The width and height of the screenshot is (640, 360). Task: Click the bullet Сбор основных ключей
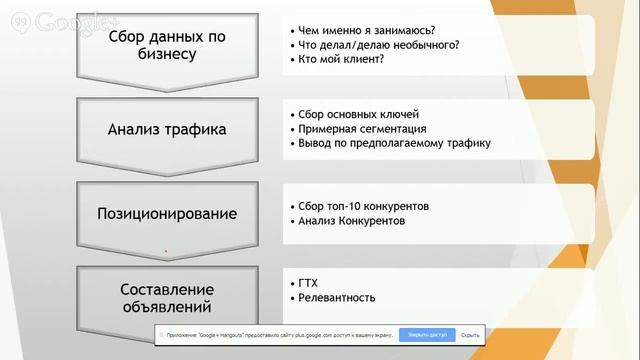click(359, 112)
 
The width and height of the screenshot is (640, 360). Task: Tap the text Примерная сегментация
click(363, 128)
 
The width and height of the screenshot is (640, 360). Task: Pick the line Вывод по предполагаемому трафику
click(394, 143)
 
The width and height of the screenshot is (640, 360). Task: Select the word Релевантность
click(336, 298)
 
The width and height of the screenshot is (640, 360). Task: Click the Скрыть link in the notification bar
click(472, 334)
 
